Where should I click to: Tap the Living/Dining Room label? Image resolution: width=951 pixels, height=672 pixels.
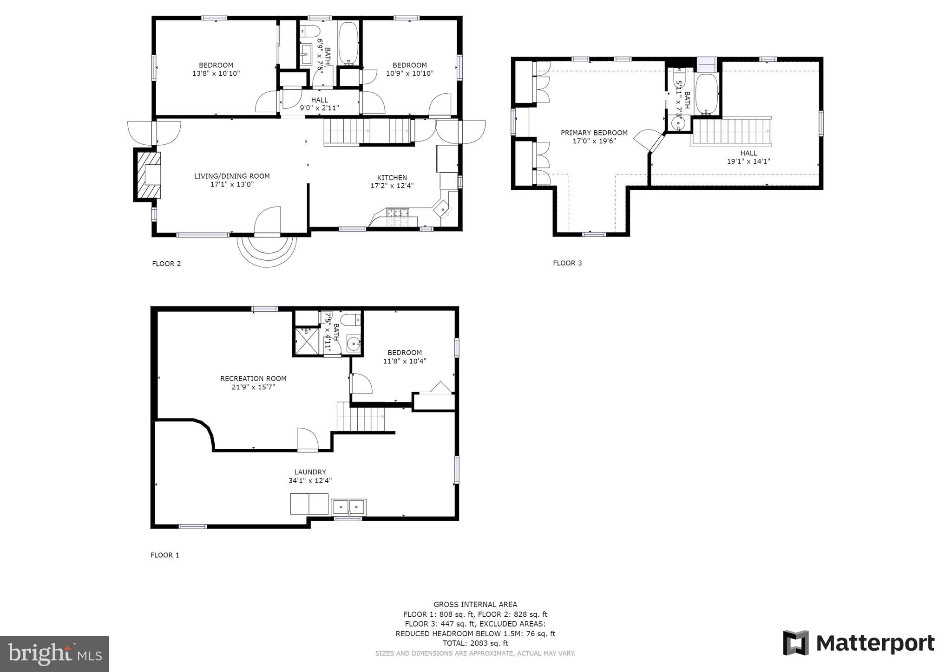232,176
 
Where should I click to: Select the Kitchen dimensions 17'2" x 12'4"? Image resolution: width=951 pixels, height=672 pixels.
392,186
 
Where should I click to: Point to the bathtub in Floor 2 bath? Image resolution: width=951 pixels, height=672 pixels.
348,43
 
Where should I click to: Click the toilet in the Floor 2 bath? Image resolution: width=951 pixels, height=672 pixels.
310,31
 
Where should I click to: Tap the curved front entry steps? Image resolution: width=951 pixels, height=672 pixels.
267,251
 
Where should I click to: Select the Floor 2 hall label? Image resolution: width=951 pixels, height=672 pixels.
319,100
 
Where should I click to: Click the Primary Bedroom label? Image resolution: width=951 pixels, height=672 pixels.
594,133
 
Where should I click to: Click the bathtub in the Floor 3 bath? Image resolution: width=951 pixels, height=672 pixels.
707,93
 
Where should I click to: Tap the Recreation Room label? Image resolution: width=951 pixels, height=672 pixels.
253,379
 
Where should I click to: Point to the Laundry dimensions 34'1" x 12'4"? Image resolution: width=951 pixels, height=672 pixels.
310,481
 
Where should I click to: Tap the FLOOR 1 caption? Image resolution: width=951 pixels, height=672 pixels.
164,555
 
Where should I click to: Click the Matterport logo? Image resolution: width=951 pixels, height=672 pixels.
859,643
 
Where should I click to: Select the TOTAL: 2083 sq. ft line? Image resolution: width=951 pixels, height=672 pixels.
475,643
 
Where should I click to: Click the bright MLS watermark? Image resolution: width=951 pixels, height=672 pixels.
54,654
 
